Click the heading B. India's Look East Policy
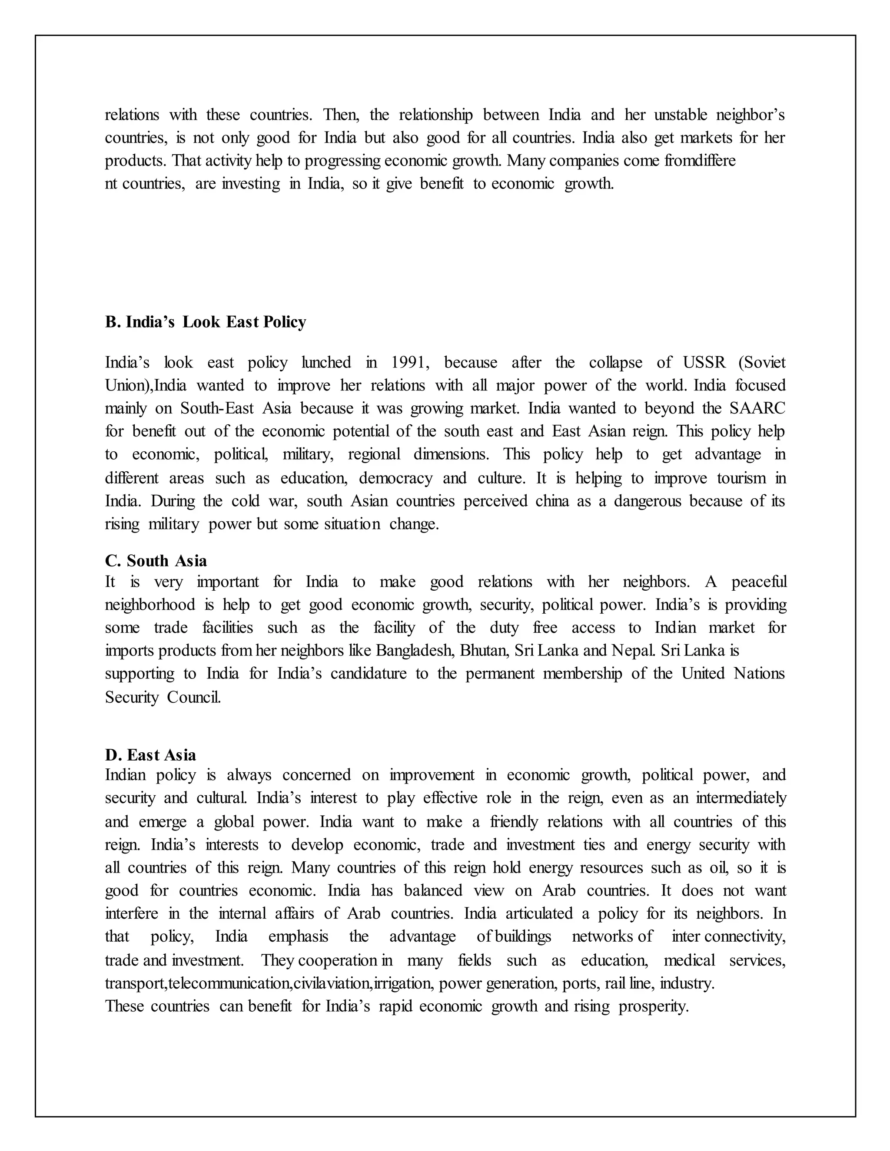point(205,322)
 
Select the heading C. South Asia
point(156,561)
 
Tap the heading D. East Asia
point(150,755)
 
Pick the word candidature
point(369,674)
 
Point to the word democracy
point(396,478)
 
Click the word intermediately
point(741,798)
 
